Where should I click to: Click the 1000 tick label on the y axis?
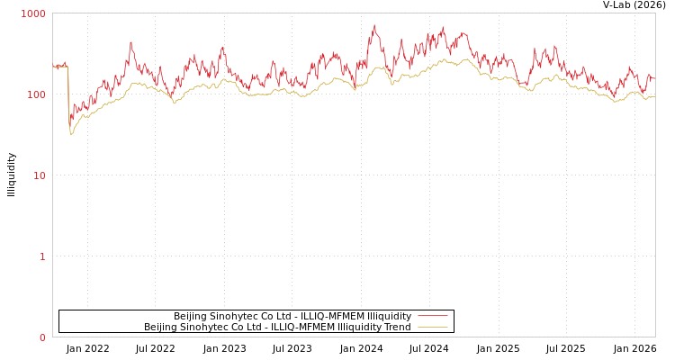32,14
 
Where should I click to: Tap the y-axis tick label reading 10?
39,176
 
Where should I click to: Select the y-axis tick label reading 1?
41,257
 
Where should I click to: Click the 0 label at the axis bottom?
42,338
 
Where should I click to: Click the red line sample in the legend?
433,316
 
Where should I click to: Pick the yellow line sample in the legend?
433,327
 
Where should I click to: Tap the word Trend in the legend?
396,327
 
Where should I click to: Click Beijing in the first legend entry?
190,316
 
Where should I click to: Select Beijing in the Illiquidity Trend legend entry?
160,327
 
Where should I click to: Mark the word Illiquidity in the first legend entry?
389,316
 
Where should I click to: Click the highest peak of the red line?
375,25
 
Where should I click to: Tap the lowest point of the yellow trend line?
71,134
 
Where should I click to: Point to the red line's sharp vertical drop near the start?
68,94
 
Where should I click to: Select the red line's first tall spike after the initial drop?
130,42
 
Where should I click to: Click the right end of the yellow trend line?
654,96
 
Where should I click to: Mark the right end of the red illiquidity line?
654,79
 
